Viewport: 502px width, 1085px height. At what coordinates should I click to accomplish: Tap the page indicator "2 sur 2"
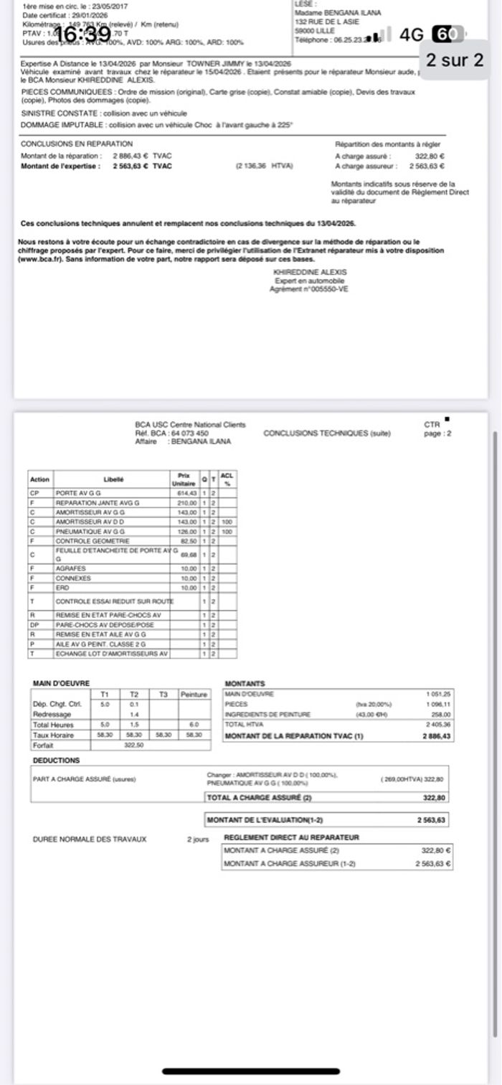[x=455, y=60]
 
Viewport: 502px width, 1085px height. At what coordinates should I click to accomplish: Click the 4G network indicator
[x=412, y=34]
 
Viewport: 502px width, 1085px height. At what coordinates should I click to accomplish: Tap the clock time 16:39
[x=83, y=34]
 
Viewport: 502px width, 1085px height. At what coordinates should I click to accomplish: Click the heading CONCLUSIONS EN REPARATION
[x=77, y=144]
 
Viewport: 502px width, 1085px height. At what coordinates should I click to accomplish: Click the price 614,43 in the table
[x=186, y=493]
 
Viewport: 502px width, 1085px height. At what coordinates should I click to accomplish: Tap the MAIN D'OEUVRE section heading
[x=61, y=683]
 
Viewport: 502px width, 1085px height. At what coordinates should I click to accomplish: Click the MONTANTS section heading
[x=245, y=684]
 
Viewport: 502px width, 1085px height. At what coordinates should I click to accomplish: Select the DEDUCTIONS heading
[x=57, y=761]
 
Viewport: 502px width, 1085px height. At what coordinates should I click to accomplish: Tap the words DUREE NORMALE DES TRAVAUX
[x=90, y=839]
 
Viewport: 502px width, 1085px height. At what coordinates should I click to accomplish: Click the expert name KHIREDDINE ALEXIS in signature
[x=310, y=272]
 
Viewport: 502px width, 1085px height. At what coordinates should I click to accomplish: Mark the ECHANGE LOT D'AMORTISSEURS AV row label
[x=111, y=654]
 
